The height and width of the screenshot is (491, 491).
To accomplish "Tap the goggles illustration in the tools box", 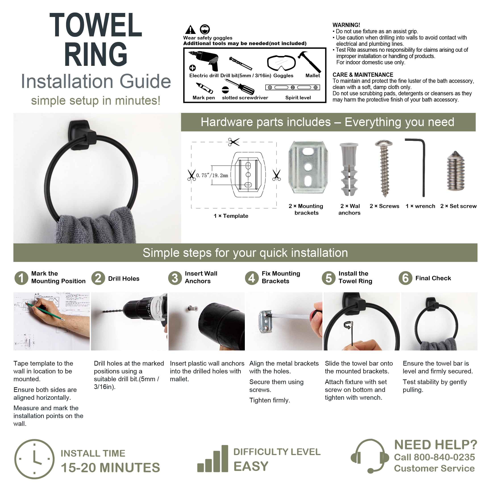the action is [281, 62].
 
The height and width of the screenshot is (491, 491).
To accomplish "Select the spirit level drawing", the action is [293, 87].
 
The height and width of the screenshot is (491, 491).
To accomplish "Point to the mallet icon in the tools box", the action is [309, 62].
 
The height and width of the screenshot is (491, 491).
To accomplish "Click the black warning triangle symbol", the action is [190, 30].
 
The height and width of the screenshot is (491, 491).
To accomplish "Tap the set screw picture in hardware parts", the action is [456, 171].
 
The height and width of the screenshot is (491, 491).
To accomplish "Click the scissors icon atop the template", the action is [233, 142].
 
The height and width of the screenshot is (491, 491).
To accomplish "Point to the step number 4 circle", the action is [252, 278].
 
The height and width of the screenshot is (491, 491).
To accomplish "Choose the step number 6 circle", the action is [405, 278].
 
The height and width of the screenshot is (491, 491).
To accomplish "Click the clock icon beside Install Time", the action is [34, 459].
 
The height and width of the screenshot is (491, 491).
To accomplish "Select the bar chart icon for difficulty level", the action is [213, 458].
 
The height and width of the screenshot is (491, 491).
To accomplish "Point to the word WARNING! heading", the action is [346, 25].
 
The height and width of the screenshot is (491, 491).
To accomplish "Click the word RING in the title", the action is [96, 54].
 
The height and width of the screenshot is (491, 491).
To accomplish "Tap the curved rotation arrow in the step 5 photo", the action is [347, 325].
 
